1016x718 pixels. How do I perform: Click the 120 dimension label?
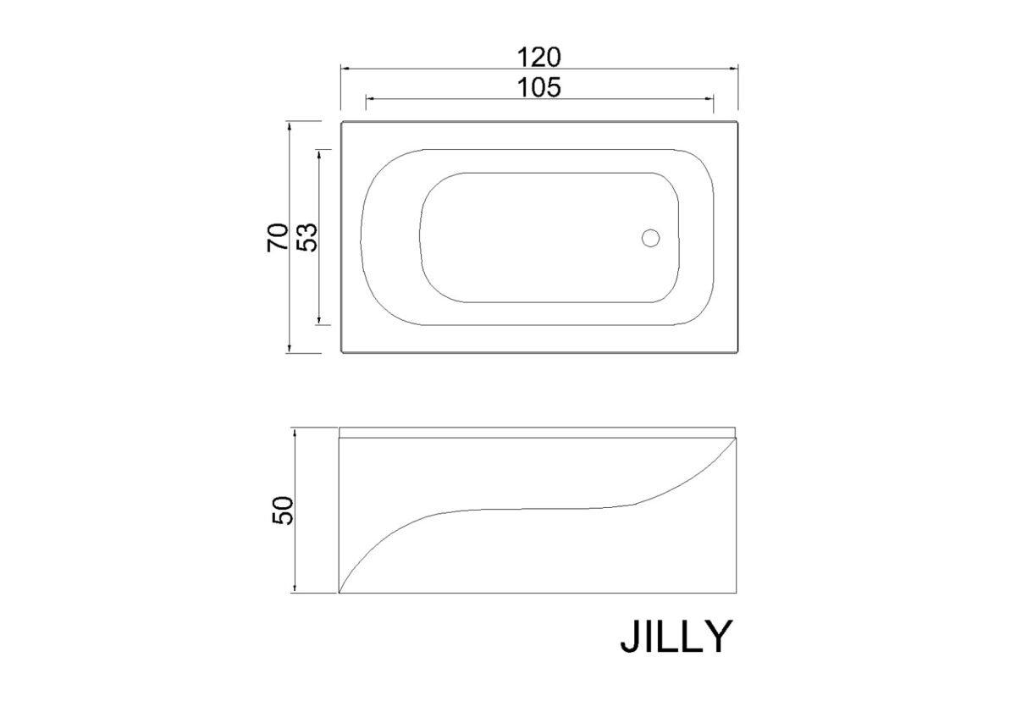coord(538,57)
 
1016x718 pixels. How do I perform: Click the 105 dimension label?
coord(538,87)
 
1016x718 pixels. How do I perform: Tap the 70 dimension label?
coord(278,237)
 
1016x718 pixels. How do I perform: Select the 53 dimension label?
coord(307,237)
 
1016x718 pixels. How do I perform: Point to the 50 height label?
coord(283,511)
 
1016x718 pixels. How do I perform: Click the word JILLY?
coord(676,637)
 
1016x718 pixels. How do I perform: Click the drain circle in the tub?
coord(650,238)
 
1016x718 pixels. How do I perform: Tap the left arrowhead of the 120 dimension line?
coord(345,69)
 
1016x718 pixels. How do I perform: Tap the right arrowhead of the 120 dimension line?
coord(734,69)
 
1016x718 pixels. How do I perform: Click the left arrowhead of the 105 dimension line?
coord(370,98)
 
